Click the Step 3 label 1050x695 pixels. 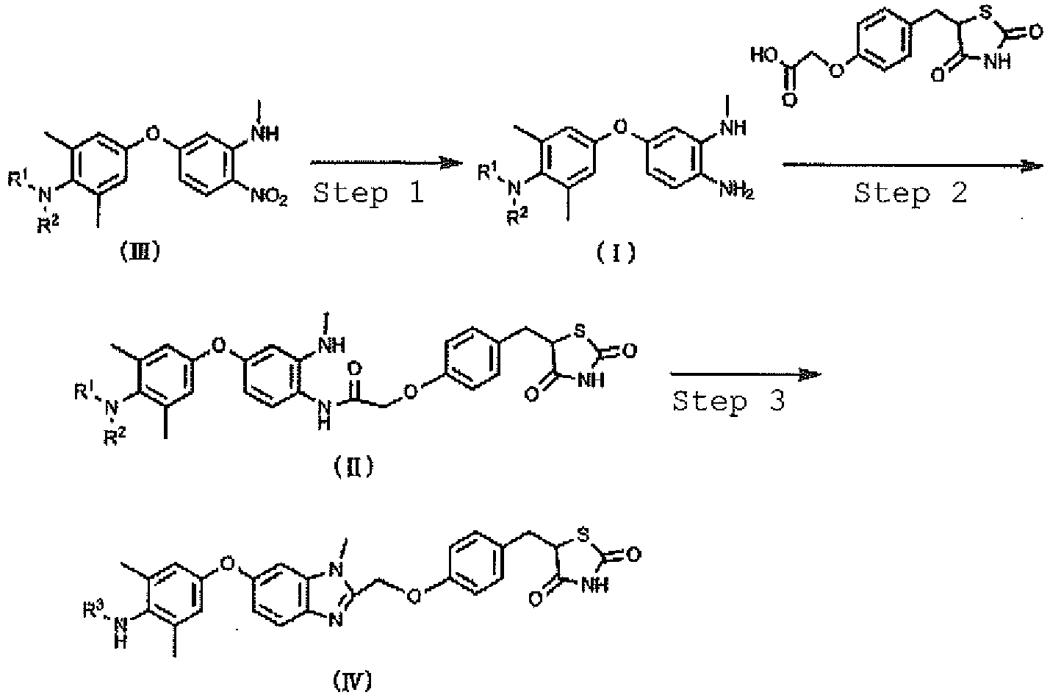pyautogui.click(x=729, y=402)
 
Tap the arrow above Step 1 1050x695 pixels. pyautogui.click(x=386, y=163)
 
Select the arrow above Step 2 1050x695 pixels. pyautogui.click(x=913, y=165)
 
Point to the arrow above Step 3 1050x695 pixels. pyautogui.click(x=746, y=374)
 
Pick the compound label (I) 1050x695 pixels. pyautogui.click(x=616, y=254)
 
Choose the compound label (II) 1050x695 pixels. pyautogui.click(x=354, y=466)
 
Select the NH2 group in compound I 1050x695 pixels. pyautogui.click(x=736, y=190)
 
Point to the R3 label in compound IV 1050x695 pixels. pyautogui.click(x=93, y=610)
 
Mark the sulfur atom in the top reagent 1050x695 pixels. pyautogui.click(x=986, y=14)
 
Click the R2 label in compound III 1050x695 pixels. pyautogui.click(x=48, y=225)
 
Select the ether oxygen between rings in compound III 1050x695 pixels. pyautogui.click(x=153, y=134)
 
